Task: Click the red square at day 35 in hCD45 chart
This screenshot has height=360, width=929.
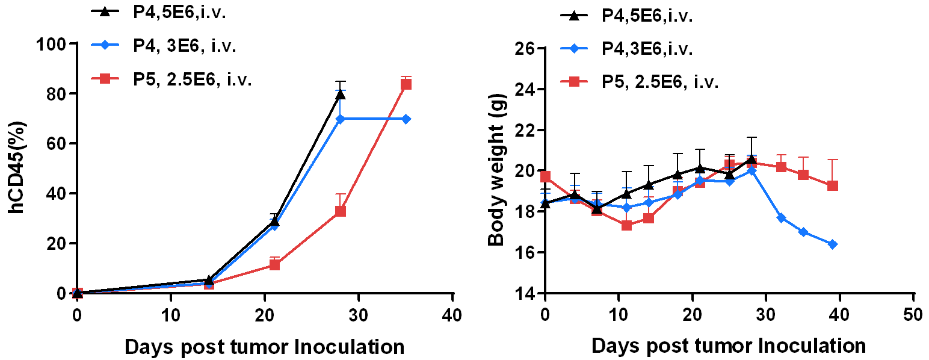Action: (406, 84)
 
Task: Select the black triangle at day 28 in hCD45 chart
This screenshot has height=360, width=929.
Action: (341, 94)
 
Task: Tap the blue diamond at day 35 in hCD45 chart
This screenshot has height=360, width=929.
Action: (406, 119)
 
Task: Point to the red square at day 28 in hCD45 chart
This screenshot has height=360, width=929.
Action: (341, 211)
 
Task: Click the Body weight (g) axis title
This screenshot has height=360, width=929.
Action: (496, 170)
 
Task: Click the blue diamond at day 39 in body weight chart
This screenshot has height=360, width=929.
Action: (833, 244)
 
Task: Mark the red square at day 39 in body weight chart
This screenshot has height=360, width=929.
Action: (833, 185)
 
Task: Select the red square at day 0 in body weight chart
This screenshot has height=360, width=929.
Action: (545, 176)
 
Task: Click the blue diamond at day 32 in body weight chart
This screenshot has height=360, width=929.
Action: (781, 217)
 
